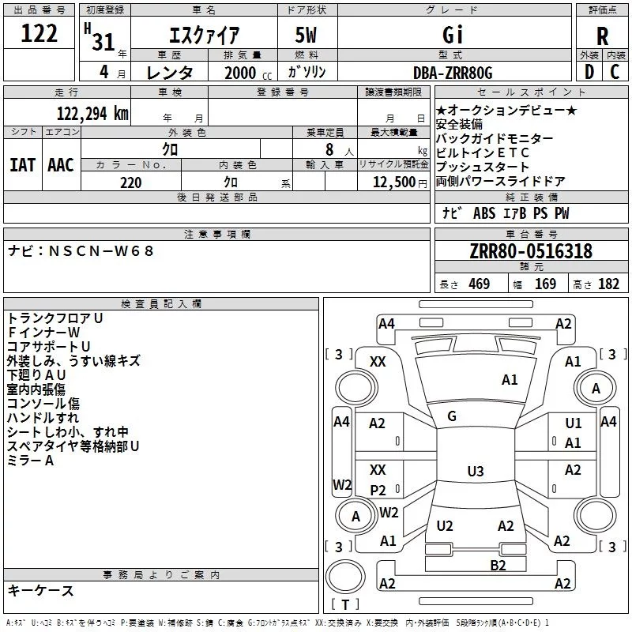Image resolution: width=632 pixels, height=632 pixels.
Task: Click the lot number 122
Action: point(39,33)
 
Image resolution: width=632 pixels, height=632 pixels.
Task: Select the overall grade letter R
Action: point(602,36)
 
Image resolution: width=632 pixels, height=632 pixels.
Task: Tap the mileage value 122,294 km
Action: point(92,114)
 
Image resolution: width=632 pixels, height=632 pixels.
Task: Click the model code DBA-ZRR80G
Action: point(453,73)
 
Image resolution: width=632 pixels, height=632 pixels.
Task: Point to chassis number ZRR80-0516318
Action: point(531,251)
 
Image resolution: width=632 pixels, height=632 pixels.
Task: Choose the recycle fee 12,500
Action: point(394,182)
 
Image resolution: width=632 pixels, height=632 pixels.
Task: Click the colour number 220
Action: point(131,182)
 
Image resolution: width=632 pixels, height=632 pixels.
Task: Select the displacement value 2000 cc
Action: point(248,73)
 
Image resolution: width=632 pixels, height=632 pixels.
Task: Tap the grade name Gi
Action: point(453,35)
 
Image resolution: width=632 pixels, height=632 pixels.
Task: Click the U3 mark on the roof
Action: point(476,471)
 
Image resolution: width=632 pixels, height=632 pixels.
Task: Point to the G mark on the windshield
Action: point(452,416)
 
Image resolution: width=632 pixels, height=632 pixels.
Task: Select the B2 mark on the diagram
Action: point(498,566)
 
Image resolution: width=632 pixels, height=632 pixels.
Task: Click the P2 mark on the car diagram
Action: point(378,490)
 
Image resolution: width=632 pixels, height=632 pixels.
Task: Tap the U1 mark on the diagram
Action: point(574,423)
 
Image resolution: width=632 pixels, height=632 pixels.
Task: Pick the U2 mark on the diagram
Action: point(445,526)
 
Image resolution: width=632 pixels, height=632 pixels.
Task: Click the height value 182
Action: point(608,284)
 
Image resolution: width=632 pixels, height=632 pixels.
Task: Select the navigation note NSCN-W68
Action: point(101,251)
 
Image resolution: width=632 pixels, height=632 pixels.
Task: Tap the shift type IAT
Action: point(23,165)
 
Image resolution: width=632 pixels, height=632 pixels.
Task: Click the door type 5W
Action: point(306,35)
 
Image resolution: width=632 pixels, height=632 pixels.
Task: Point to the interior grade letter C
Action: point(615,72)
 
